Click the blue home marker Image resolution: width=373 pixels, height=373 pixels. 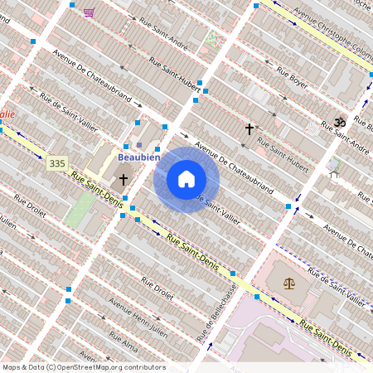tap(186, 179)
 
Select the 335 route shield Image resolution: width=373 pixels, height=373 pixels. tap(56, 164)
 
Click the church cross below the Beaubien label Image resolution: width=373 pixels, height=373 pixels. tap(123, 179)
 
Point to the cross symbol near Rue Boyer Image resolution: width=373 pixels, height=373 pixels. tap(249, 128)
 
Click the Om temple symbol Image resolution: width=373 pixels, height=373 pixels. tap(338, 122)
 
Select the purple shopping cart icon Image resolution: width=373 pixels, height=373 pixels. tap(89, 12)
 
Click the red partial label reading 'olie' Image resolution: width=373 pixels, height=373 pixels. tap(7, 114)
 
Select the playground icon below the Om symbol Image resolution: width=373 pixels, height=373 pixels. tap(333, 166)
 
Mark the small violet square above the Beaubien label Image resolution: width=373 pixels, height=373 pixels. tap(139, 145)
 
